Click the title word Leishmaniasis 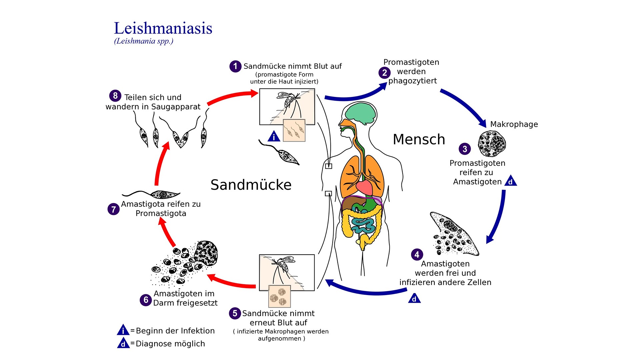point(163,28)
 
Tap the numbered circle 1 point(235,66)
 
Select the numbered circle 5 point(235,313)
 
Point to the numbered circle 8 point(115,96)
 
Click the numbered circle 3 point(465,149)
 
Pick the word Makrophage point(514,124)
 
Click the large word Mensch point(419,139)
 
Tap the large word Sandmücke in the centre point(251,185)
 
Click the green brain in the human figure point(360,114)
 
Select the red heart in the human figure point(364,187)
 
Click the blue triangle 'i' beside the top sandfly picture point(274,136)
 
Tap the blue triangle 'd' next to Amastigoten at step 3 point(510,181)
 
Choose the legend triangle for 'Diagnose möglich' point(123,343)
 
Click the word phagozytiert point(412,81)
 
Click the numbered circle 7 point(113,209)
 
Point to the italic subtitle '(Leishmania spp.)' point(144,41)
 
